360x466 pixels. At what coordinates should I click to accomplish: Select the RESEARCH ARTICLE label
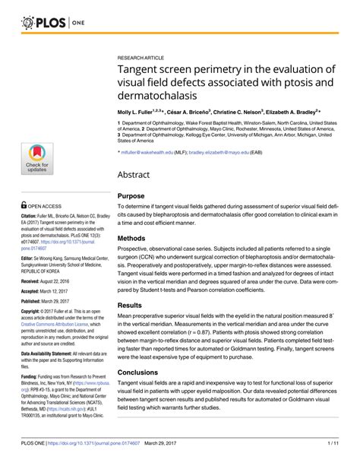click(143, 56)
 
